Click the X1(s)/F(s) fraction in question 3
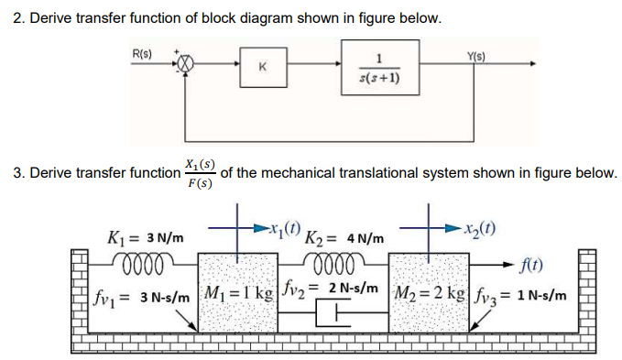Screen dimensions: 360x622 pos(199,172)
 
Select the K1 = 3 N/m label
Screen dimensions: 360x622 pos(145,239)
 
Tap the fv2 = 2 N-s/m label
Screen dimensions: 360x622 pos(331,289)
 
